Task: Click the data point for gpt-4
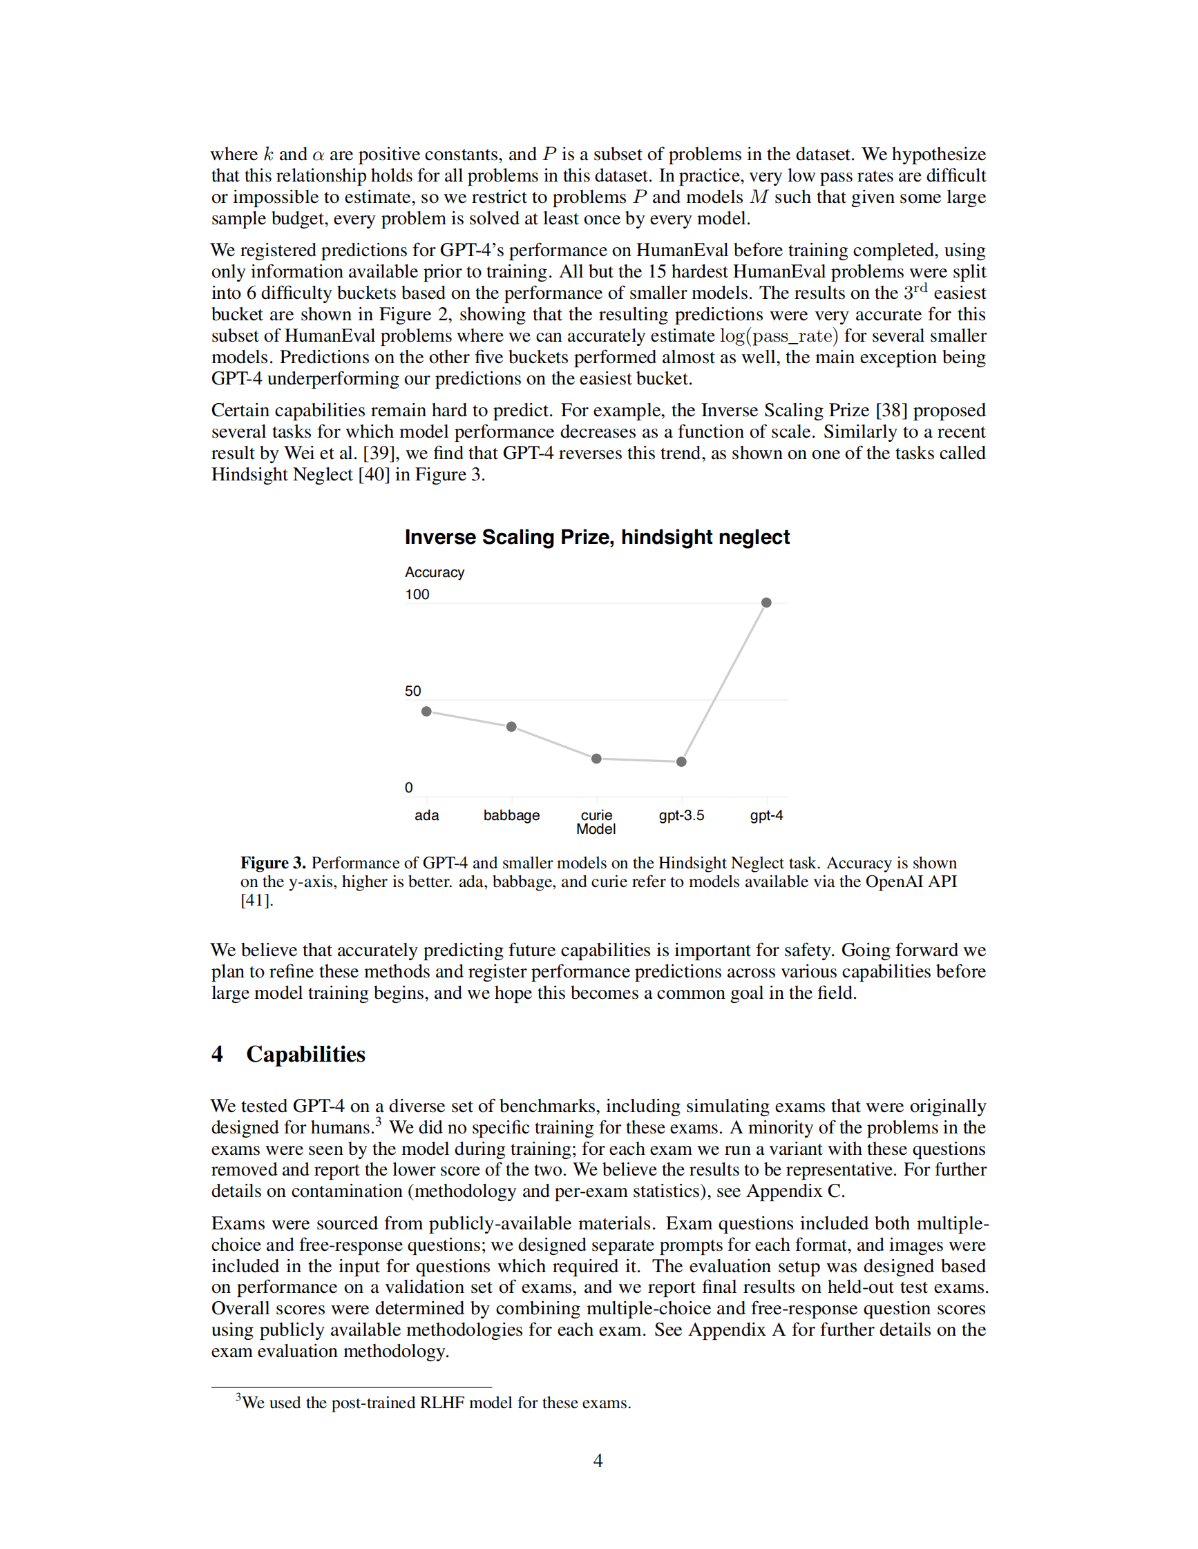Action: (766, 603)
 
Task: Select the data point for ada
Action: (426, 712)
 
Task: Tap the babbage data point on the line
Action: (511, 727)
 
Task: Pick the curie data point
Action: (596, 759)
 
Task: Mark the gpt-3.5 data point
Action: (681, 762)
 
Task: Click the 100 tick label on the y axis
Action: (417, 594)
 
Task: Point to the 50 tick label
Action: (413, 691)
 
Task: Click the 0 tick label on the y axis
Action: (409, 787)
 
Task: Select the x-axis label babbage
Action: (511, 815)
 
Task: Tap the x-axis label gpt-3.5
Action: (681, 815)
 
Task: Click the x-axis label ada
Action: (426, 815)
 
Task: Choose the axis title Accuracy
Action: (435, 572)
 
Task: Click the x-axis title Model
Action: (596, 829)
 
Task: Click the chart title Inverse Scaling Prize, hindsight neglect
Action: (597, 537)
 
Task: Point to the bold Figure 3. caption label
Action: (272, 863)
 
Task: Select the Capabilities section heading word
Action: (305, 1055)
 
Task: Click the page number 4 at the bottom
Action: (598, 1461)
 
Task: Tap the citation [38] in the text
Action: (891, 411)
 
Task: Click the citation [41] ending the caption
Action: (256, 901)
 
